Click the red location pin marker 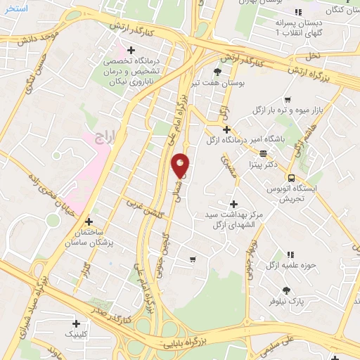pyautogui.click(x=180, y=166)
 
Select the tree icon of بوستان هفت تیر pyautogui.click(x=217, y=72)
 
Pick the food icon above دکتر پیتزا pyautogui.click(x=262, y=153)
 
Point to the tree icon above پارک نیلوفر pyautogui.click(x=286, y=290)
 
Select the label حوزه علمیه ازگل pyautogui.click(x=271, y=265)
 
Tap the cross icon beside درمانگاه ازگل pyautogui.click(x=226, y=129)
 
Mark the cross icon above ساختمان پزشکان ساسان pyautogui.click(x=89, y=221)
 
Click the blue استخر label pyautogui.click(x=15, y=8)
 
